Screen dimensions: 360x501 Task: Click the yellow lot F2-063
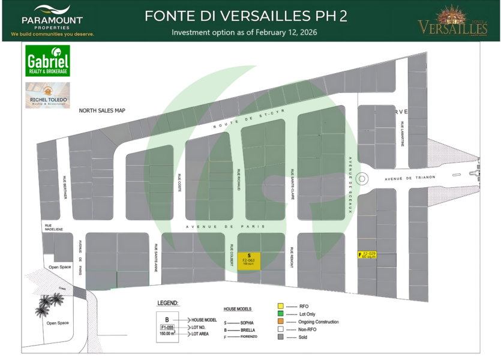(249, 260)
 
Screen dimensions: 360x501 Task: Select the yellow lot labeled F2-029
(368, 255)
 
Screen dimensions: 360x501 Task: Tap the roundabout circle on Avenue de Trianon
(362, 178)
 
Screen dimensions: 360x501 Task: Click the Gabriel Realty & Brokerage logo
(47, 61)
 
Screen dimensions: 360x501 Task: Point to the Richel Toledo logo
(47, 95)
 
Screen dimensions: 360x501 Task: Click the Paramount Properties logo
(52, 20)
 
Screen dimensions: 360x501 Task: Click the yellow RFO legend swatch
(281, 306)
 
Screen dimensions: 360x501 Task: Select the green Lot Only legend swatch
(281, 314)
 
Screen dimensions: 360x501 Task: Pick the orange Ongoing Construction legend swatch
(281, 322)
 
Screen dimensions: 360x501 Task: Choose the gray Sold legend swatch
(281, 337)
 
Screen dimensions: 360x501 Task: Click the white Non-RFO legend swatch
(281, 329)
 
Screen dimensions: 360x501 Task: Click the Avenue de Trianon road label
(409, 178)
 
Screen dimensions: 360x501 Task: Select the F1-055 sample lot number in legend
(167, 328)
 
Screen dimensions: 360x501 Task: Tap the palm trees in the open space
(46, 306)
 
